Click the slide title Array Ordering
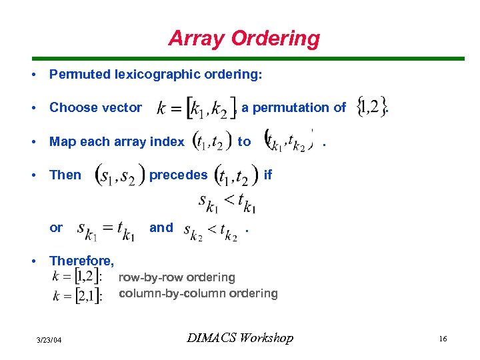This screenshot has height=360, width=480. coord(244,38)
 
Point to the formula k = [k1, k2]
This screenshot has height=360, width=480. coord(196,107)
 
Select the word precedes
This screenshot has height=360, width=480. coord(178,175)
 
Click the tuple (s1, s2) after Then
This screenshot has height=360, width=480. coord(120,177)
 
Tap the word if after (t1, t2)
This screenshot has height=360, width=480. coord(268,175)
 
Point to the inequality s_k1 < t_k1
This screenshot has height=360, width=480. coord(227,203)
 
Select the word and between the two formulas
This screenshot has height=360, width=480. coord(161,227)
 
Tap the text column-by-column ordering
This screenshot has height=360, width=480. coord(198,293)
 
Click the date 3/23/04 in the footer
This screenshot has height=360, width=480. coord(49,341)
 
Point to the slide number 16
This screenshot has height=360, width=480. coord(443,339)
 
